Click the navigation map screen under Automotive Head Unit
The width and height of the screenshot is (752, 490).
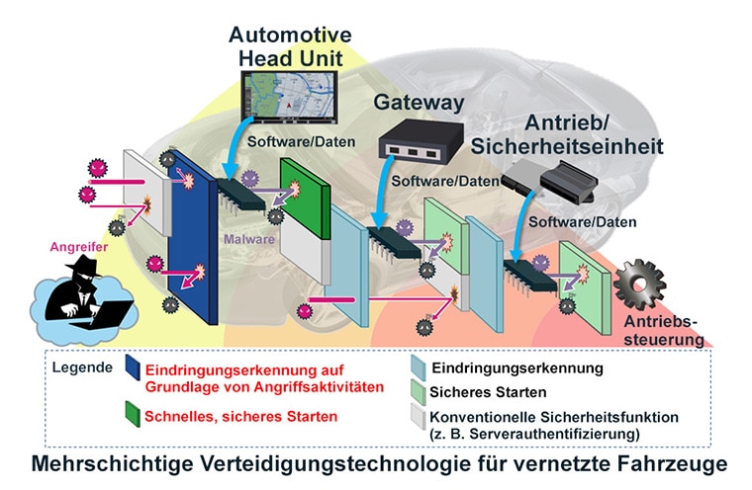click(x=289, y=97)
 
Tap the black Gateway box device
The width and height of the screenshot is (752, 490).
click(x=421, y=139)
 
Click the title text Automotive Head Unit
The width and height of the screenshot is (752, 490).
click(x=290, y=46)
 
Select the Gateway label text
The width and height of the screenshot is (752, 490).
click(x=419, y=103)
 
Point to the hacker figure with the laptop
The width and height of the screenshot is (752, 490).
click(x=85, y=294)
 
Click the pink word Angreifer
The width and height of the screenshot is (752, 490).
click(x=78, y=247)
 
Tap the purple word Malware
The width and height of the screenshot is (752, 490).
click(x=249, y=239)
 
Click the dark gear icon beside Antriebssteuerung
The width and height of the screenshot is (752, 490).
click(x=639, y=285)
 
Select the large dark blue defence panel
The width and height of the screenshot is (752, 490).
click(x=193, y=237)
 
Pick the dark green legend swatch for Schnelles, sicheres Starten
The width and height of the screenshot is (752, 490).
click(x=133, y=414)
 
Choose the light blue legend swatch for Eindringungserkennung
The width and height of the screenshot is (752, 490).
click(x=419, y=368)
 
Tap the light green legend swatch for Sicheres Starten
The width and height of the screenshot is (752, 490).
click(x=419, y=393)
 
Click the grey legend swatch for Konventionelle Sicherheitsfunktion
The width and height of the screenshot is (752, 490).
click(x=419, y=417)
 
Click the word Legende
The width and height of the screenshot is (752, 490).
click(x=82, y=367)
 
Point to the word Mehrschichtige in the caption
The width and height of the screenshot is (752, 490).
click(x=112, y=464)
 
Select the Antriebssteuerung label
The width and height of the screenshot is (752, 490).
click(x=664, y=331)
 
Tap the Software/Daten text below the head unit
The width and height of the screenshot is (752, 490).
click(x=301, y=142)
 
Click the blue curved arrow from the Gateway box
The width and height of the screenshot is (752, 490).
click(x=383, y=193)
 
